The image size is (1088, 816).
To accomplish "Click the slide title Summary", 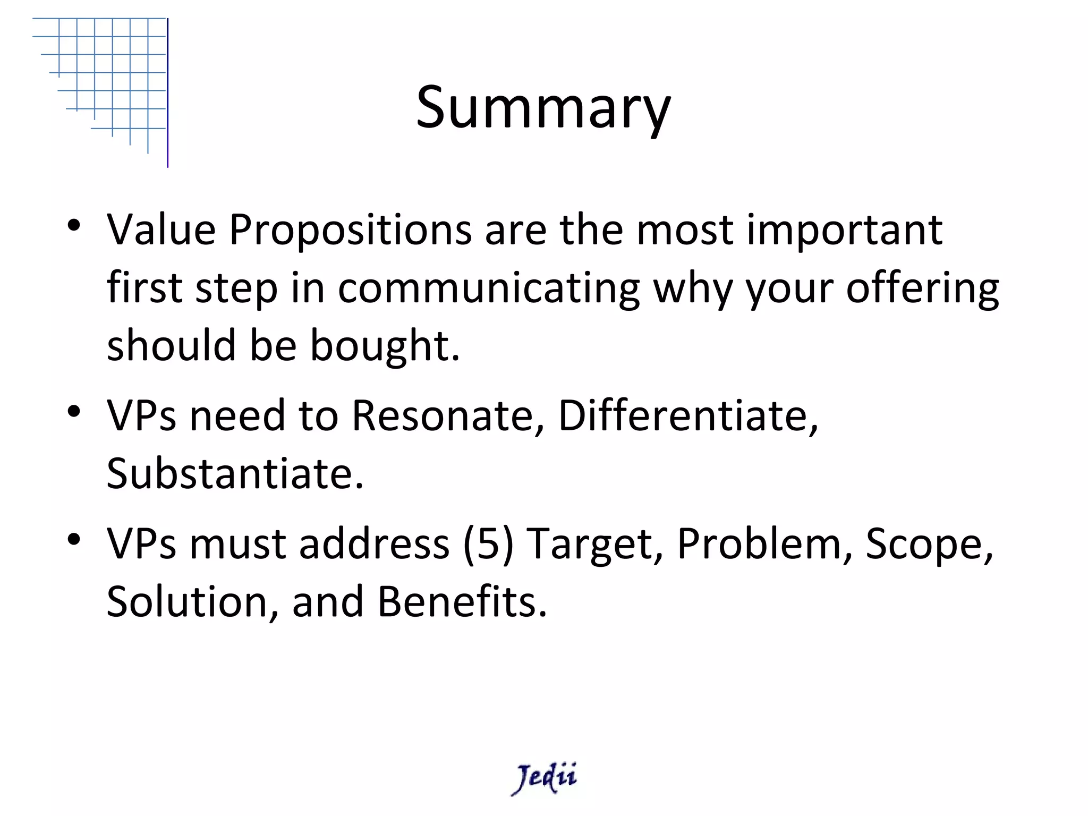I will point(543,107).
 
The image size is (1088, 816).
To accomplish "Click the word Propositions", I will point(350,231).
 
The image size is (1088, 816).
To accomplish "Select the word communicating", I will point(488,288).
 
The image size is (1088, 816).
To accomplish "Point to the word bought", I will point(384,346).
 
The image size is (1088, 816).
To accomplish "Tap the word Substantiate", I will point(235,473).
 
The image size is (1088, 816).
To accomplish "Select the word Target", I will point(594,545).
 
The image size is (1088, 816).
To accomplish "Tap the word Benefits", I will point(462,602).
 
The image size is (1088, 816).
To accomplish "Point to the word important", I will point(844,231).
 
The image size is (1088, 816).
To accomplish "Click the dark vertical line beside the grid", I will point(168,93).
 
